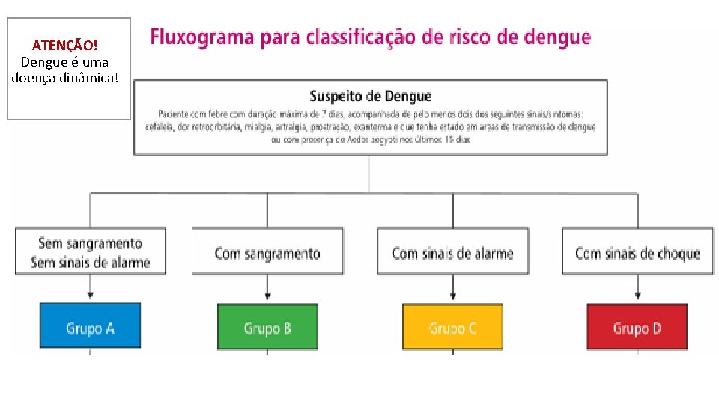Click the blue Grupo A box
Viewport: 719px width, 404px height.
click(90, 326)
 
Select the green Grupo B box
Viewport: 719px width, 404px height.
click(267, 327)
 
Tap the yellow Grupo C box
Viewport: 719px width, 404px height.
click(452, 327)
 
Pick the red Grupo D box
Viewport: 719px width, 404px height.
click(637, 327)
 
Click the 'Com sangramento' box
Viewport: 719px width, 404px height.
click(267, 253)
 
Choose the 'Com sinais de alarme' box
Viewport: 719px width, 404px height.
click(452, 253)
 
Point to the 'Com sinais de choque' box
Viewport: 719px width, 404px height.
click(637, 253)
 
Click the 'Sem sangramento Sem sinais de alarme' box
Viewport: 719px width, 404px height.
click(90, 253)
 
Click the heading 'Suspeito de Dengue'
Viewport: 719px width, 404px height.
click(370, 96)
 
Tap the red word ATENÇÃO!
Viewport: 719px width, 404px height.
click(64, 46)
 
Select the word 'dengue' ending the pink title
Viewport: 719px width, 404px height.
click(558, 37)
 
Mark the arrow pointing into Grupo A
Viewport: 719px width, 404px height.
click(90, 289)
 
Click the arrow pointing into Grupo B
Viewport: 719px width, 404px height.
click(267, 289)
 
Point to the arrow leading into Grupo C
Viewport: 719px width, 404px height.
click(452, 289)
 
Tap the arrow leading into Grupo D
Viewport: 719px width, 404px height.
click(637, 289)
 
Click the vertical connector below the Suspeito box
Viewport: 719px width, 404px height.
click(368, 174)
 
